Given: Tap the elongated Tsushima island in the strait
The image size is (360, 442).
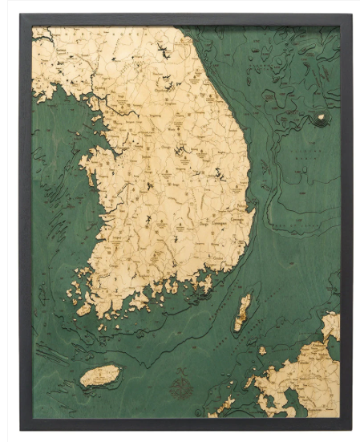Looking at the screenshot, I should pyautogui.click(x=242, y=313).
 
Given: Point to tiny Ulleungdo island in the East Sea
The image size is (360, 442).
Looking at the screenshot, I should pyautogui.click(x=322, y=118).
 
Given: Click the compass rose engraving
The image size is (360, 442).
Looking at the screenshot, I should pyautogui.click(x=183, y=375).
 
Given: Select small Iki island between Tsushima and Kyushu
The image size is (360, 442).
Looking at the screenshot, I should pyautogui.click(x=262, y=351).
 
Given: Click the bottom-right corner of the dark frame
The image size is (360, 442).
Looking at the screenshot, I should pyautogui.click(x=351, y=429).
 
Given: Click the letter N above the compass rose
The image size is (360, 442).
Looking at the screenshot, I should pyautogui.click(x=183, y=363).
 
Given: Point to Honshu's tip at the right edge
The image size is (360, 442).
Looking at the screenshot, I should pyautogui.click(x=331, y=325).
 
